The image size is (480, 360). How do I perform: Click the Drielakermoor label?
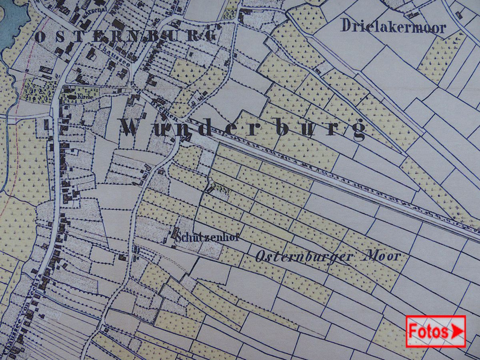393,26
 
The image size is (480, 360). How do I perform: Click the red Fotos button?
436,331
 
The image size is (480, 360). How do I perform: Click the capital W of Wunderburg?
134,127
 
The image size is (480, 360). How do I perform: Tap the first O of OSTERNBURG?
40,37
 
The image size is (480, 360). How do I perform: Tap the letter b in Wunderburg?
282,127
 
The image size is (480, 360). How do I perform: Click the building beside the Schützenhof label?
175,232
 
